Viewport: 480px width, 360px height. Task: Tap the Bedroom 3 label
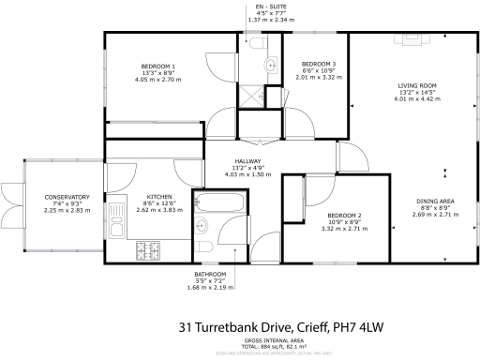pyautogui.click(x=312, y=63)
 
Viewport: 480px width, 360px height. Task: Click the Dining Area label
pyautogui.click(x=436, y=202)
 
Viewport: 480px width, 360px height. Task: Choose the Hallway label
pyautogui.click(x=248, y=161)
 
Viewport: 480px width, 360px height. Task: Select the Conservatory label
pyautogui.click(x=40, y=197)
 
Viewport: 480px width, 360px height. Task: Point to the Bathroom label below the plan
pyautogui.click(x=204, y=274)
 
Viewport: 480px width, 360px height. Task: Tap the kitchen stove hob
pyautogui.click(x=149, y=250)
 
